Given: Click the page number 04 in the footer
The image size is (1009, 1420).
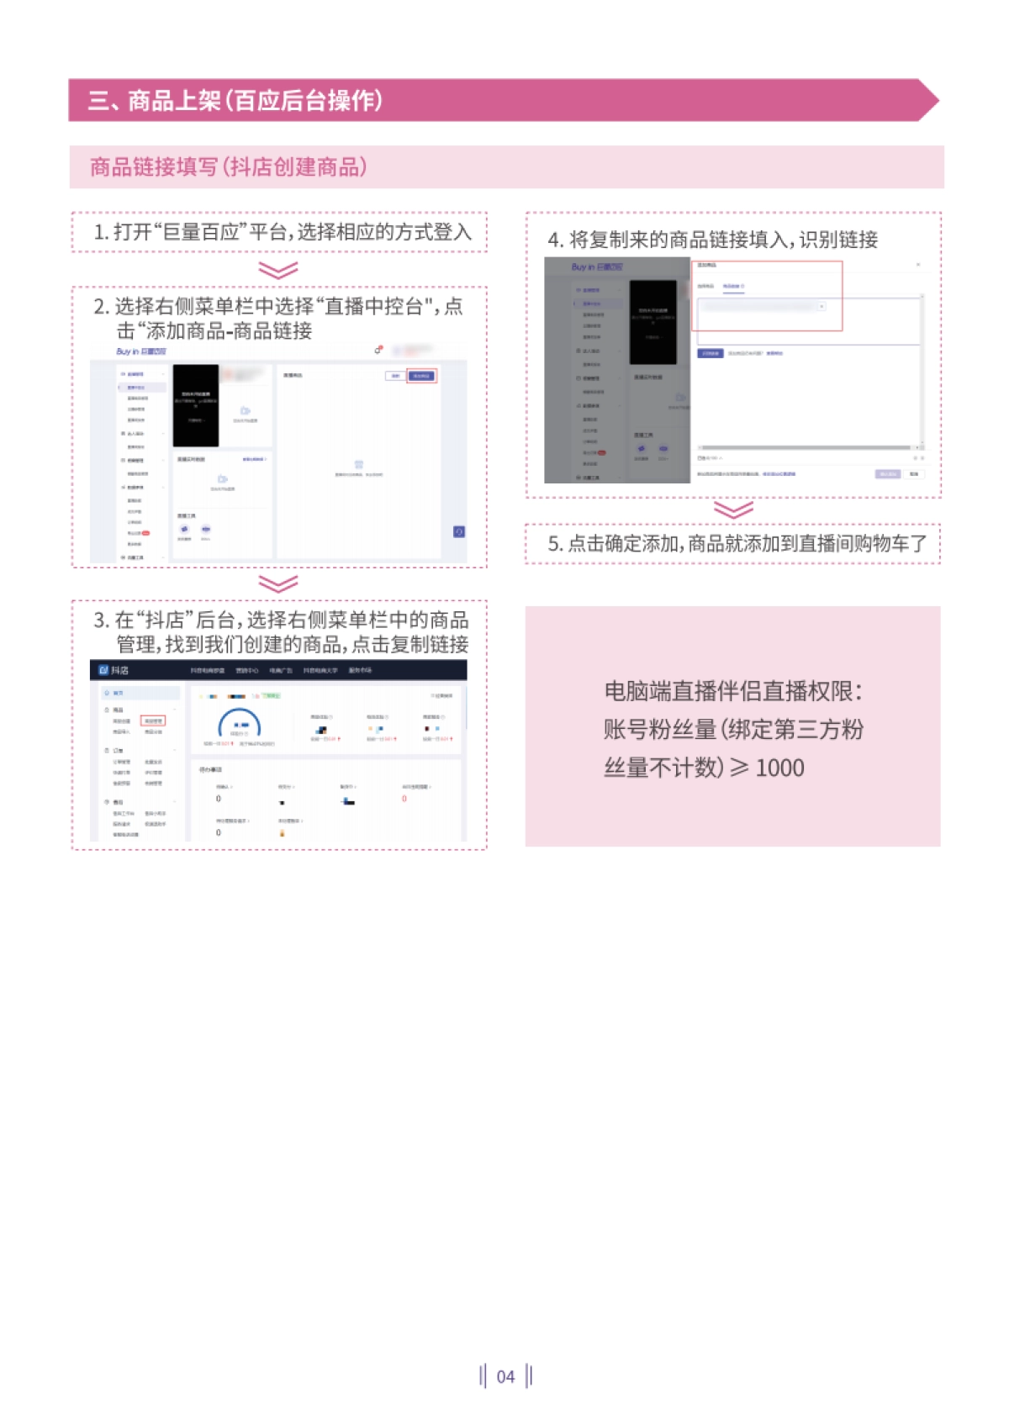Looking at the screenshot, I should [x=505, y=1376].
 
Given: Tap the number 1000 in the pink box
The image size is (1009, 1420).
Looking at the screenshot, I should [x=779, y=768].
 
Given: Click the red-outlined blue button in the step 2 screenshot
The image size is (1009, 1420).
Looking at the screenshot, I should [x=421, y=376].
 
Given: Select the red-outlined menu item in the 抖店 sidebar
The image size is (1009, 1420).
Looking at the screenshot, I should [x=153, y=721].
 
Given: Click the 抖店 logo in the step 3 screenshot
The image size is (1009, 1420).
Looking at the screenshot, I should [x=114, y=670].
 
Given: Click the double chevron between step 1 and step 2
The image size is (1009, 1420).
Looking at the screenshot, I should [x=278, y=270].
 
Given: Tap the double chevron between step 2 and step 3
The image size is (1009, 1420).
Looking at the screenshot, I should [x=278, y=583].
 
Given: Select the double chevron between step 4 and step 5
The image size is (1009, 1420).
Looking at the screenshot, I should [x=733, y=510].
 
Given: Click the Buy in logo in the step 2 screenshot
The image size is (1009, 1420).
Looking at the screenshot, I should [x=141, y=351].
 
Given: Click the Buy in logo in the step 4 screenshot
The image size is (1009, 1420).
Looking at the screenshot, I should [x=597, y=267].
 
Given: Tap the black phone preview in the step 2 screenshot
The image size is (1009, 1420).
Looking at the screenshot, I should [x=195, y=405].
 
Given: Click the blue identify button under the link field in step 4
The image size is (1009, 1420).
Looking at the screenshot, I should [x=710, y=353].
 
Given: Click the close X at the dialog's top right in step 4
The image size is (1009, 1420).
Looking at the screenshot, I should [x=918, y=265].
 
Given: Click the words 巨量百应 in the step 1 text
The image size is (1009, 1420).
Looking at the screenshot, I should [x=201, y=232].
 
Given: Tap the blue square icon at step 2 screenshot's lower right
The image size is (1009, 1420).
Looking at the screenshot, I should [x=459, y=531].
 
